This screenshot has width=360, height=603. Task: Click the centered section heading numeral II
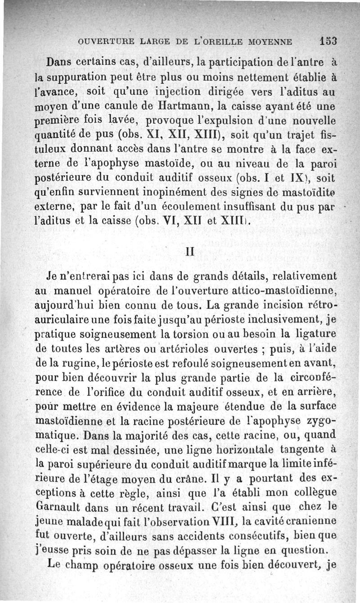[189, 252]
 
